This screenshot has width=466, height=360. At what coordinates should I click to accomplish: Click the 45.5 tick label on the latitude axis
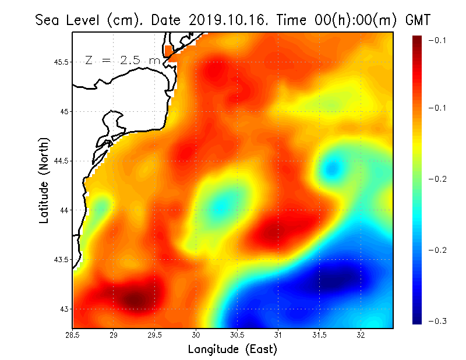59,62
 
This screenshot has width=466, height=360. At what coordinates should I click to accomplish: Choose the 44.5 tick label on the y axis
59,161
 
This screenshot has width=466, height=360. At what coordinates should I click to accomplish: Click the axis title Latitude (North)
44,181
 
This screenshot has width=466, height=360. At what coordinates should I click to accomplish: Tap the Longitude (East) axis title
232,350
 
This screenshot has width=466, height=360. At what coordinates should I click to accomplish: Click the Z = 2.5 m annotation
122,61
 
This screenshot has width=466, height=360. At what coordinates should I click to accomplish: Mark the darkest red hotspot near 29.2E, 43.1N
135,298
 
